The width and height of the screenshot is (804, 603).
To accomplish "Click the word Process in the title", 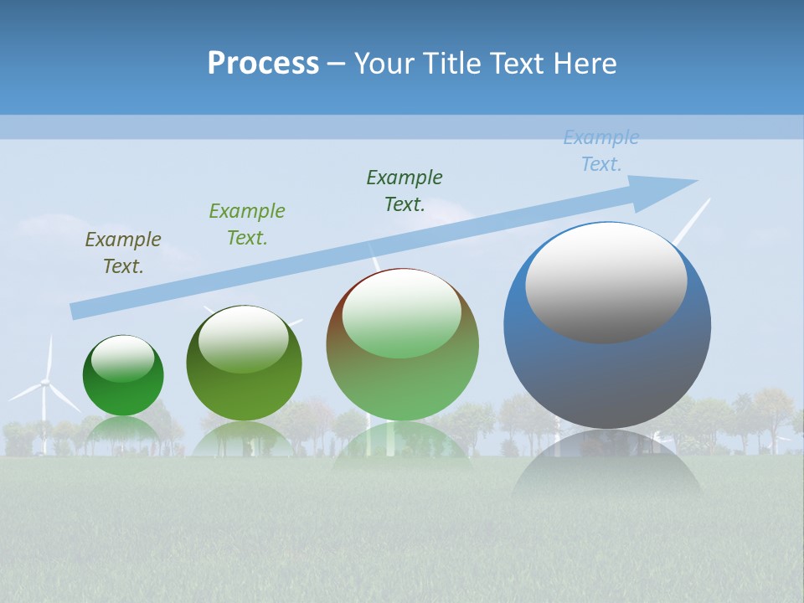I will point(263,64).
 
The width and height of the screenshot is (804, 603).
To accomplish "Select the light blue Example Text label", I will point(600,151).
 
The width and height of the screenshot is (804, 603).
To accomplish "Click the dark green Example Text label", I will point(405,191).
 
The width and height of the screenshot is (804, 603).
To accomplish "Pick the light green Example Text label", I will point(247,224).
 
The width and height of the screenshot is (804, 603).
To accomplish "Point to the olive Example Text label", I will point(123,253).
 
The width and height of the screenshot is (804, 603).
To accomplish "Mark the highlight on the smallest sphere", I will point(122,359).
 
